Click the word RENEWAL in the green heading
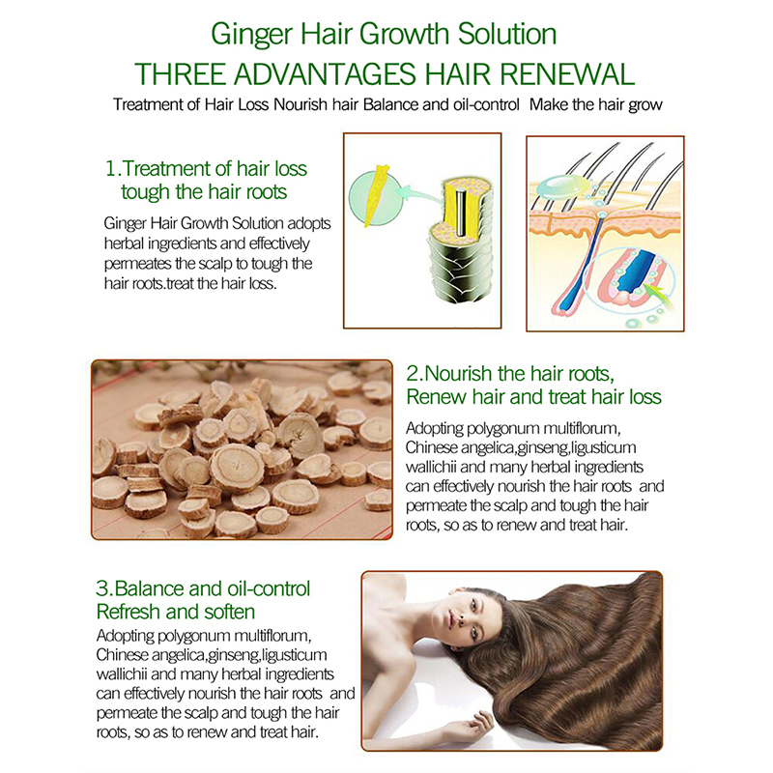click(x=567, y=74)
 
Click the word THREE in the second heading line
click(x=180, y=74)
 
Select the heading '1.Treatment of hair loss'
click(x=206, y=168)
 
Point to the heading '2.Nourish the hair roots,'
click(x=510, y=374)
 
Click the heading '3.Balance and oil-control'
click(x=203, y=588)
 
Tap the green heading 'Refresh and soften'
click(x=176, y=612)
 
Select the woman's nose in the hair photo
click(x=463, y=617)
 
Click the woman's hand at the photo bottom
click(x=475, y=725)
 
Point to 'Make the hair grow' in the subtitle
click(x=596, y=105)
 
